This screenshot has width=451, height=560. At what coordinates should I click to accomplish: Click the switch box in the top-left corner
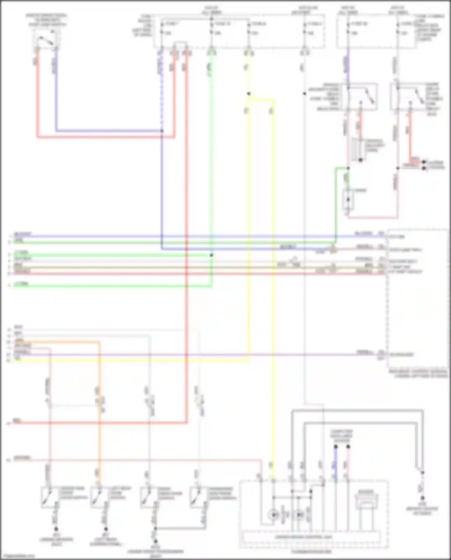[47, 39]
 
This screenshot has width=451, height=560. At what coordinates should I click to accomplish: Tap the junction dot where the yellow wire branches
[249, 94]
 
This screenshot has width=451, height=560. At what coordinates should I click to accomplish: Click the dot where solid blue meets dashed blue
[162, 131]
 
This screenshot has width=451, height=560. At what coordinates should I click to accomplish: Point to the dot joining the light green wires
[212, 255]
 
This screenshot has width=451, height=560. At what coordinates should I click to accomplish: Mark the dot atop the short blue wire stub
[336, 447]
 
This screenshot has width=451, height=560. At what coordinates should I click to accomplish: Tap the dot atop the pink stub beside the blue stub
[348, 447]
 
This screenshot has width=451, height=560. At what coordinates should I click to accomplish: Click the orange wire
[99, 391]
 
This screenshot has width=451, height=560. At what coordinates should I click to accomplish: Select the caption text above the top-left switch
[47, 20]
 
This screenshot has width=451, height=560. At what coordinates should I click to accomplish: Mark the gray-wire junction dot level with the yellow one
[305, 94]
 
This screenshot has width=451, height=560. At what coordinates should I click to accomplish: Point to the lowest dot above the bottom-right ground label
[422, 498]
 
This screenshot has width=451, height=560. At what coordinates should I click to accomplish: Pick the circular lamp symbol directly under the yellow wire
[274, 515]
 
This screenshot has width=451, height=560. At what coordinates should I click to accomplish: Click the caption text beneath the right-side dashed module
[418, 374]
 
